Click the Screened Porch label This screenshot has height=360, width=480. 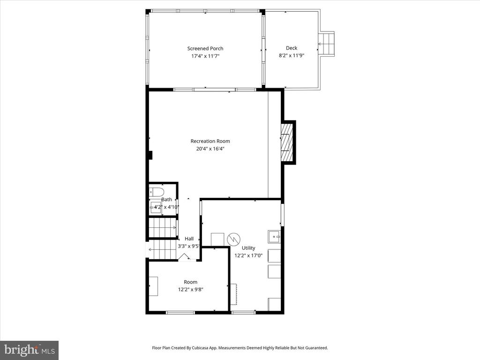pos(205,48)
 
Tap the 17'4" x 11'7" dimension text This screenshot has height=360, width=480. pos(205,56)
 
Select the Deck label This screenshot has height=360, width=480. pos(292,48)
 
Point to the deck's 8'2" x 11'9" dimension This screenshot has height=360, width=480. pos(292,55)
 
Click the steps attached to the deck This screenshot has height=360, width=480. pos(327,44)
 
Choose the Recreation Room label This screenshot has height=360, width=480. pos(210,141)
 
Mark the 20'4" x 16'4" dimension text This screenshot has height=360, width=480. pos(210,149)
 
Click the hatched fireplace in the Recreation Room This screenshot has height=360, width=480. pos(287,142)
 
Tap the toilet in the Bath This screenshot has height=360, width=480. pos(157,192)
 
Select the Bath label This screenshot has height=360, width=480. pos(166,199)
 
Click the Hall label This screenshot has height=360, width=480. pos(189,239)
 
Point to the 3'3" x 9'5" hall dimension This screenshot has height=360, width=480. pos(189,246)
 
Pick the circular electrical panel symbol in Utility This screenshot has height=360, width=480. pos(234,240)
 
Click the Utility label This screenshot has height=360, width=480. pos(248,247)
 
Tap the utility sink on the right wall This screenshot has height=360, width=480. pos(274,237)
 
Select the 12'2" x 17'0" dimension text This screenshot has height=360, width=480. pos(248,255)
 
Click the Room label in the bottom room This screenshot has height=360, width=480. pos(190,282)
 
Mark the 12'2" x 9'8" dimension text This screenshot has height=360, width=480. pos(190,289)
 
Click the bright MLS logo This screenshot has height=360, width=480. pos(30,350)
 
